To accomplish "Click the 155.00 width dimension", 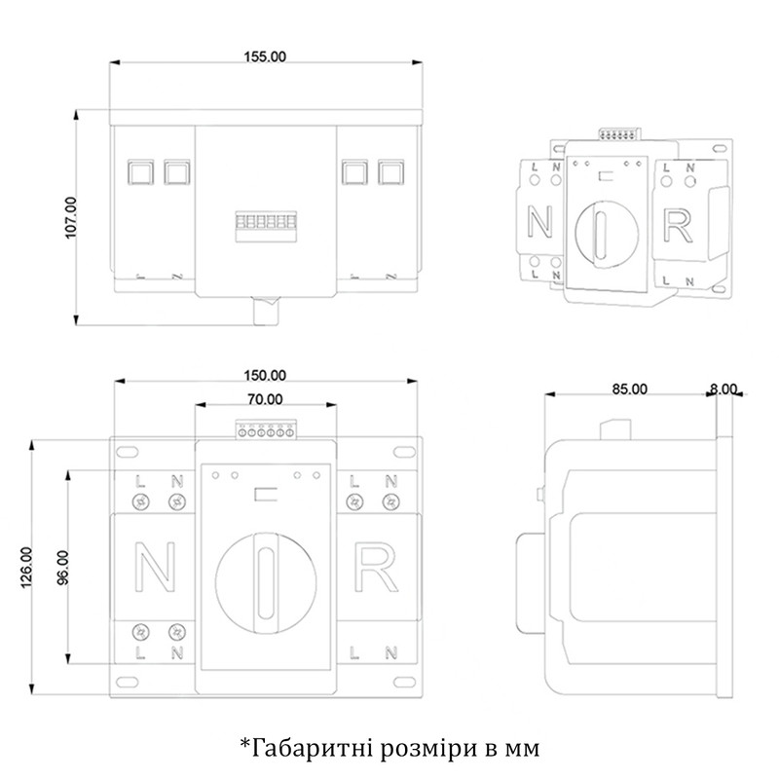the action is point(265,56).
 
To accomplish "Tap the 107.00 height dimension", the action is point(71,217).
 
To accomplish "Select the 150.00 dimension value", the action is point(265,375).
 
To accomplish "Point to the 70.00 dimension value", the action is point(265,399).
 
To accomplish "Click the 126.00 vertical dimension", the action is point(26,568).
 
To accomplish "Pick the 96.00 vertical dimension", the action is point(62,568).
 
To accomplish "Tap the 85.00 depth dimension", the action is point(629,389).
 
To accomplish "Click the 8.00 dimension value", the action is point(723,389).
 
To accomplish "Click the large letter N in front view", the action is point(155,567).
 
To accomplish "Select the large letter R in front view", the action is point(375,568).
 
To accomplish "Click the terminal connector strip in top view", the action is point(266,227).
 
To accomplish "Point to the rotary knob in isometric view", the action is point(606,232).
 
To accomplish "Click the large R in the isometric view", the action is point(678,227).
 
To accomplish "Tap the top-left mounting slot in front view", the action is point(127,452).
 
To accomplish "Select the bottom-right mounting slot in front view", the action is point(404,682).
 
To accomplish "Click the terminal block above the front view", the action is point(266,429).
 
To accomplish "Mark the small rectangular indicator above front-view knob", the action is point(265,495).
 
